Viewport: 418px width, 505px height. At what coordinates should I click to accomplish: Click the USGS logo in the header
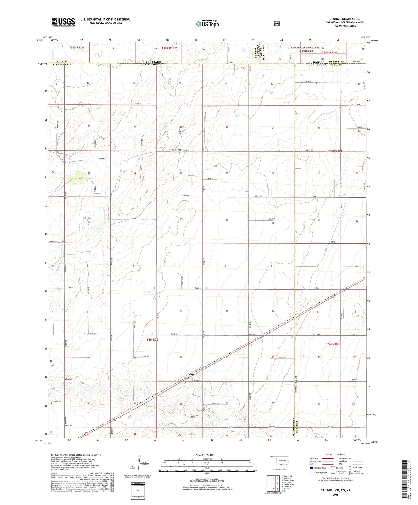click(x=63, y=22)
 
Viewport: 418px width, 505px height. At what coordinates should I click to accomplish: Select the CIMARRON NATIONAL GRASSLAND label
click(x=305, y=49)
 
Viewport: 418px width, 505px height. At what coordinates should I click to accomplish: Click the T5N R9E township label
click(x=152, y=340)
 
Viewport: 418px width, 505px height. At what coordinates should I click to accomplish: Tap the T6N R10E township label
click(x=336, y=151)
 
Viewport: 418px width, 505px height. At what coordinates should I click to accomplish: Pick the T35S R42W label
click(x=77, y=48)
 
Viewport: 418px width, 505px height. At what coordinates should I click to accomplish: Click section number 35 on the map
click(x=227, y=220)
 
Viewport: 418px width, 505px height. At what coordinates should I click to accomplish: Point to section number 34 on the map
click(x=181, y=219)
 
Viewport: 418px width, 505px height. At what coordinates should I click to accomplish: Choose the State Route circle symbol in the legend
click(x=350, y=468)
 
